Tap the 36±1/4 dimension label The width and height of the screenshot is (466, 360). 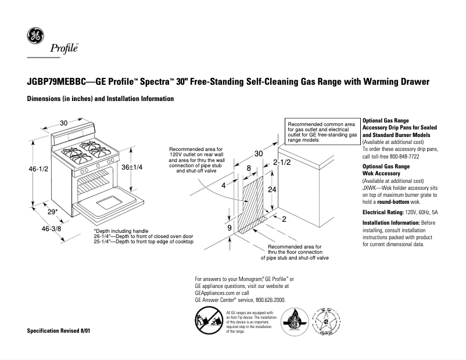[x=131, y=167]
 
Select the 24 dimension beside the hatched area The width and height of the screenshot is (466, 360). [x=272, y=190]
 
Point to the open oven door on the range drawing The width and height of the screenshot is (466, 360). [x=107, y=204]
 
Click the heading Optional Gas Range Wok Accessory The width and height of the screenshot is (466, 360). [x=386, y=170]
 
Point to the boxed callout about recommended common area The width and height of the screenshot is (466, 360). [x=321, y=132]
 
